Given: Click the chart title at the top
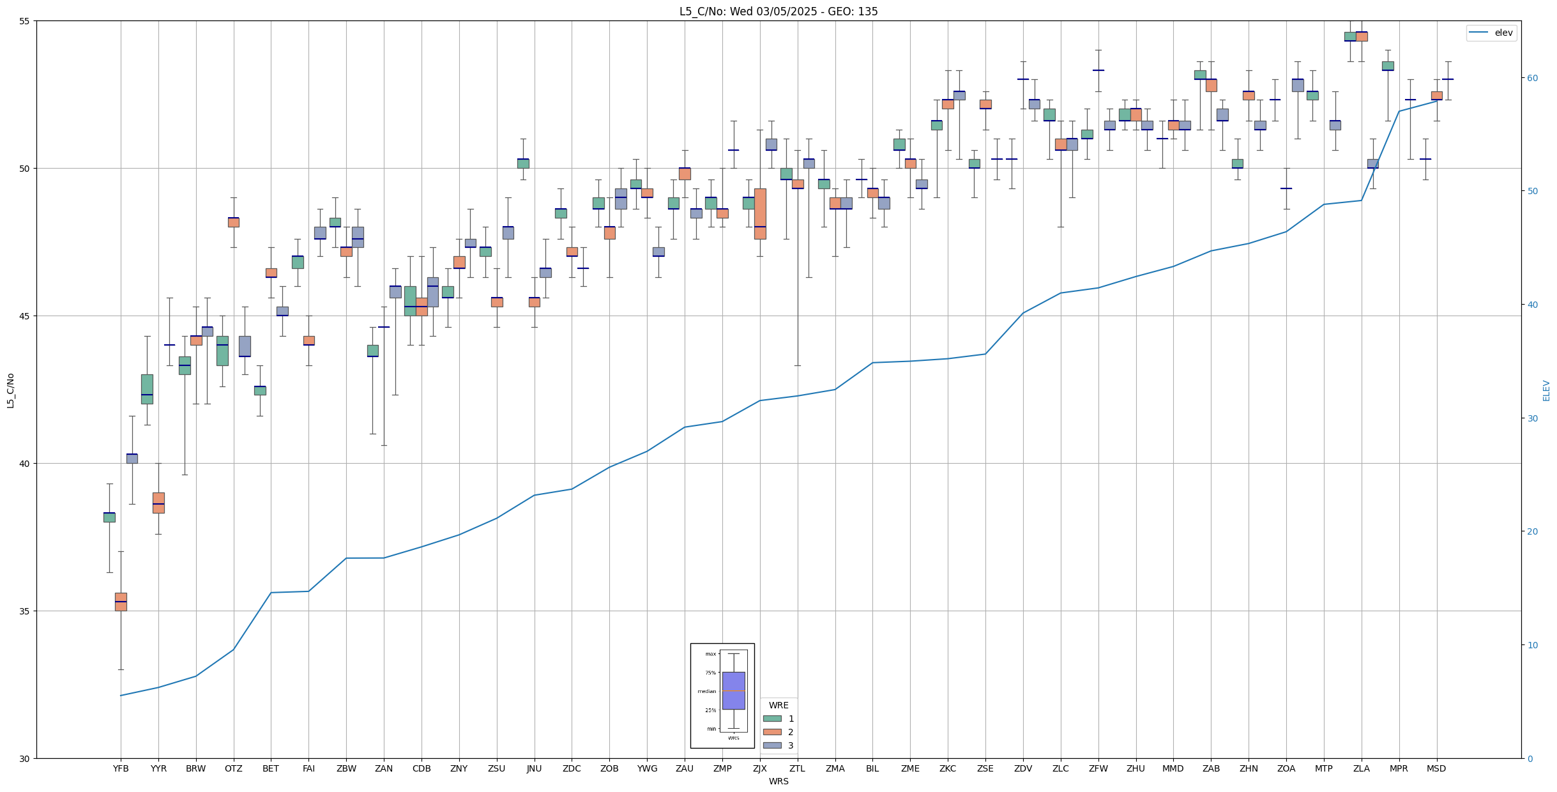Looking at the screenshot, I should [x=778, y=11].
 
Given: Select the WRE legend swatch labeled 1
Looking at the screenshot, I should [x=772, y=719].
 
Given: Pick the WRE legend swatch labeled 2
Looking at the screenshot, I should [x=772, y=732].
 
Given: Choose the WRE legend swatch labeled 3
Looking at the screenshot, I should [x=772, y=745].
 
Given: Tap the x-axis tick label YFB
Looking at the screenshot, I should [x=121, y=768].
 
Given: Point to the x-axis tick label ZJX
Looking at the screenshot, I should [x=760, y=768].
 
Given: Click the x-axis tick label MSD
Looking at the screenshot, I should [x=1436, y=768].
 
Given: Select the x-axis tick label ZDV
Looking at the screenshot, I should [x=1023, y=768].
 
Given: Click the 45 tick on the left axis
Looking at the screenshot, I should [x=25, y=316].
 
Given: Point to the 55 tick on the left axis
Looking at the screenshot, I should [x=25, y=21].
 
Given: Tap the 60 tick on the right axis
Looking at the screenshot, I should [x=1531, y=78].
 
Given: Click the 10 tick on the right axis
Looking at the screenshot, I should [x=1531, y=645].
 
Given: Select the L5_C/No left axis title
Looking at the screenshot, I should [x=10, y=390].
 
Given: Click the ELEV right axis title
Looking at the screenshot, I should [x=1546, y=390].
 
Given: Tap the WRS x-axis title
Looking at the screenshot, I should [x=778, y=781].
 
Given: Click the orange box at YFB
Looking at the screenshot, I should [x=121, y=602].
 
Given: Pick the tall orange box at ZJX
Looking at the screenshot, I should [x=760, y=213].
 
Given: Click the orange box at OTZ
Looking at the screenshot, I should [x=234, y=222].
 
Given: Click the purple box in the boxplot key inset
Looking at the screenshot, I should [x=733, y=690].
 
